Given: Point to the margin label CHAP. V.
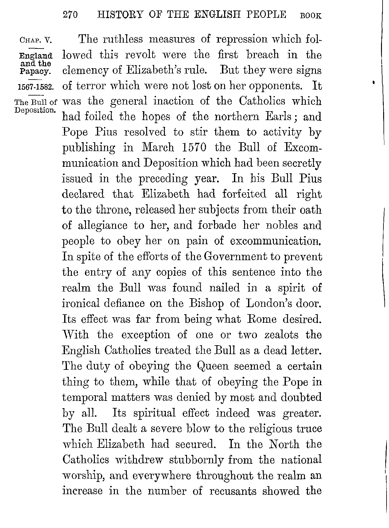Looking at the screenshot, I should pyautogui.click(x=36, y=40).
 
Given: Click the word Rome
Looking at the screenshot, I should pyautogui.click(x=262, y=319).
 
